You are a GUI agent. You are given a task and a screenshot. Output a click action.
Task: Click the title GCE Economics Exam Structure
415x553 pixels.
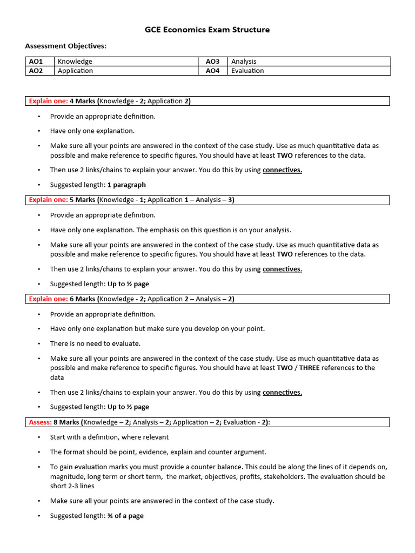pos(207,30)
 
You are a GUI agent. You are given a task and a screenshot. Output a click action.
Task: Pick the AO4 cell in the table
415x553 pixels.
pos(212,71)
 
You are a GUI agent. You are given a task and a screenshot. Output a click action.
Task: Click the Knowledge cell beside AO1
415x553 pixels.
pos(75,62)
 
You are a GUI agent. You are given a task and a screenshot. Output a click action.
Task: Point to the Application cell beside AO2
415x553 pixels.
pos(75,71)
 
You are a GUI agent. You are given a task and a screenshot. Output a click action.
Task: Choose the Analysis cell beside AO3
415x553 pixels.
pos(244,62)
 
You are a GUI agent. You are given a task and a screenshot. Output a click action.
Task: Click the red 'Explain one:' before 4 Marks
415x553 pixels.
pos(48,101)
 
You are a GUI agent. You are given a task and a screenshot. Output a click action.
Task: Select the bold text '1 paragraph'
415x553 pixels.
pos(126,185)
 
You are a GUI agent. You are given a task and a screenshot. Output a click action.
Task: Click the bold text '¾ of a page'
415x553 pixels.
pos(125,516)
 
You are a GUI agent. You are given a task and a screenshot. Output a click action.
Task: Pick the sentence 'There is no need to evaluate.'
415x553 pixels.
pos(95,343)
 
